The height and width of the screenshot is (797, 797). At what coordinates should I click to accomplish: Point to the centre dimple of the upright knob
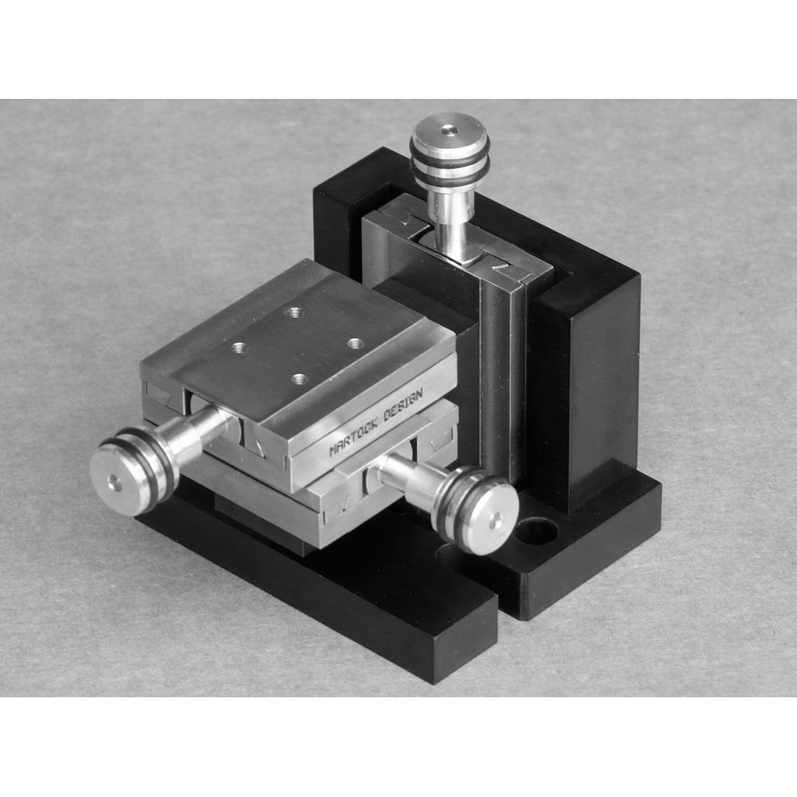click(x=450, y=128)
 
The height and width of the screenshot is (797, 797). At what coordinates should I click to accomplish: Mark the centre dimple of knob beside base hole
click(x=495, y=522)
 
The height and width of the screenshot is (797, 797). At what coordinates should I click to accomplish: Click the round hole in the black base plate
click(x=536, y=529)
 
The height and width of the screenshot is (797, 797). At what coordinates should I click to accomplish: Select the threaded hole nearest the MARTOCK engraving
click(x=300, y=379)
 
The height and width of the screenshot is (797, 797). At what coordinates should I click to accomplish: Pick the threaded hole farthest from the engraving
click(x=294, y=312)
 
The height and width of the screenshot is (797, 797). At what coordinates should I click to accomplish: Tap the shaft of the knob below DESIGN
click(x=406, y=478)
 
